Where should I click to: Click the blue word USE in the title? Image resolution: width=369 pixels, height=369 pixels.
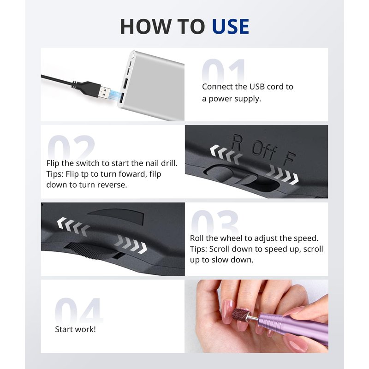[x=230, y=27]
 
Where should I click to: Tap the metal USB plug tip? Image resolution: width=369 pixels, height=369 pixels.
[x=104, y=93]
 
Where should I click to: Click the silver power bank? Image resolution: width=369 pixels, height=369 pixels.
[x=152, y=86]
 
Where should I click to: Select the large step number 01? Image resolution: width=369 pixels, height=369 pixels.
[x=224, y=71]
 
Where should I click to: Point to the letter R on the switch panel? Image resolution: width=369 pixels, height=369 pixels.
[x=236, y=142]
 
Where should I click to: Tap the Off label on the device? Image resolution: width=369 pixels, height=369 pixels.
[x=264, y=151]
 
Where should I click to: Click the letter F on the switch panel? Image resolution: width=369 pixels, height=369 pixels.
[x=290, y=158]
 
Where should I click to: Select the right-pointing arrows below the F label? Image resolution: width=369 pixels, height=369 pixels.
[x=282, y=174]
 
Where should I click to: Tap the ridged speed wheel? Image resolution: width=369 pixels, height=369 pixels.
[x=92, y=251]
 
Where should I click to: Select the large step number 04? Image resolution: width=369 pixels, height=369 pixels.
[x=79, y=310]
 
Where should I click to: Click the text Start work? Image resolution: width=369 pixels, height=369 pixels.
[x=76, y=329]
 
